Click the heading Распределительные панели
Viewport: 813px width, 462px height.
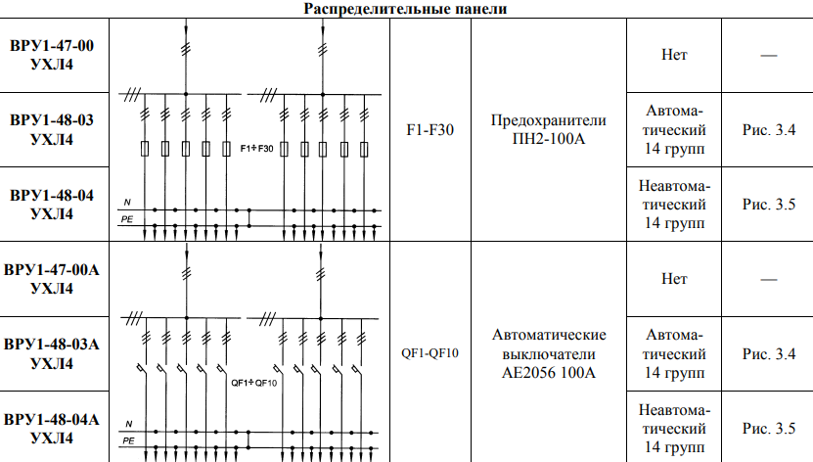405,9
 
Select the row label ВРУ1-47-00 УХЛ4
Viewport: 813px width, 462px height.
52,55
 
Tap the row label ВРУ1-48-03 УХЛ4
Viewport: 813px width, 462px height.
52,129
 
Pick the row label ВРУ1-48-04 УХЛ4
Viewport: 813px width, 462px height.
52,205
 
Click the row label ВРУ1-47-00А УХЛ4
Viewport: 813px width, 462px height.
52,279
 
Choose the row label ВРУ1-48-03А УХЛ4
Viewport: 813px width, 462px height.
52,353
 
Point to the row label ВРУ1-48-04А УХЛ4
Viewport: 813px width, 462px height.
52,429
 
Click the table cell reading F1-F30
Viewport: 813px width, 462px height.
429,129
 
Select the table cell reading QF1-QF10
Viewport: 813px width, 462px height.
429,353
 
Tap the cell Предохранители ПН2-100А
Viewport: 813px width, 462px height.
549,129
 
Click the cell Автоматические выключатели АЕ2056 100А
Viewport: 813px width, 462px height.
549,353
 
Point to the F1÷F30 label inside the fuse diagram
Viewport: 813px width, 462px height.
256,149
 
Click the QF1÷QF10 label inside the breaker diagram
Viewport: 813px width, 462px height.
254,383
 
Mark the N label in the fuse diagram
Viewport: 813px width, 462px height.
127,203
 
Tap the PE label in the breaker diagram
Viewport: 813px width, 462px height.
128,440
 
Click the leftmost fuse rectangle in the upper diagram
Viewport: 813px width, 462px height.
145,149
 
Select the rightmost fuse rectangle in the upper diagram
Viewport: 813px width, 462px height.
364,150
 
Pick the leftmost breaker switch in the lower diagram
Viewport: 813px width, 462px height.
142,369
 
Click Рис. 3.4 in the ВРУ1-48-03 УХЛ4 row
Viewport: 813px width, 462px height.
768,129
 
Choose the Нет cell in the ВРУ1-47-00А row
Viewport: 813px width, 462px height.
674,279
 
